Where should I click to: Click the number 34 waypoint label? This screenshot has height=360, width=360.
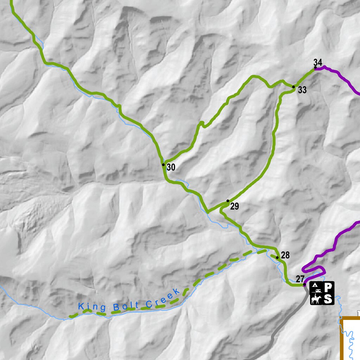(x=318, y=63)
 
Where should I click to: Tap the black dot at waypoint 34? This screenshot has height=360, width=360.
(x=315, y=67)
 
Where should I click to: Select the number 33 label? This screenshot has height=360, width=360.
(x=302, y=90)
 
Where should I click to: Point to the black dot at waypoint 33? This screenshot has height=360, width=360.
(x=294, y=86)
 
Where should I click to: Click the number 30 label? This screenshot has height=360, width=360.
(x=171, y=167)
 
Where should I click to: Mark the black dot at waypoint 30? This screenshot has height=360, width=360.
(x=163, y=165)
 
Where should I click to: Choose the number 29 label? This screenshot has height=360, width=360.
(x=234, y=207)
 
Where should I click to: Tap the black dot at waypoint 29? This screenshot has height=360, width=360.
(x=228, y=201)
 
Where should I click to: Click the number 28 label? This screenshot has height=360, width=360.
(x=285, y=255)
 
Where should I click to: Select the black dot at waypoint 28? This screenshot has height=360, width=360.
(x=277, y=258)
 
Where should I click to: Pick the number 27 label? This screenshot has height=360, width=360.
(x=300, y=279)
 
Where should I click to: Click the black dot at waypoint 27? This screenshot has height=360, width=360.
(x=304, y=284)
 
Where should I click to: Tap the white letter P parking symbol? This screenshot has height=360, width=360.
(x=328, y=288)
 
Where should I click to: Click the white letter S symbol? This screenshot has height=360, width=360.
(x=328, y=299)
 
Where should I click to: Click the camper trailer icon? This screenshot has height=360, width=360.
(x=317, y=291)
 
